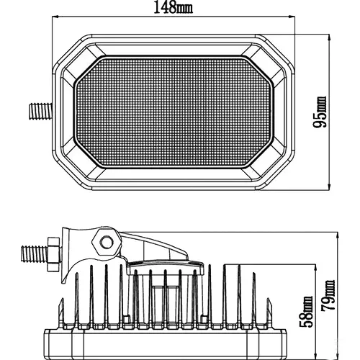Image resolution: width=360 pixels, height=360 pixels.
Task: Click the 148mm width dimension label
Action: [173, 7]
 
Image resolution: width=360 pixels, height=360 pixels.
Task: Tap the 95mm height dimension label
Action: [320, 112]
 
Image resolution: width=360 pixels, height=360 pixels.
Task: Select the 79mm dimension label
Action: [328, 295]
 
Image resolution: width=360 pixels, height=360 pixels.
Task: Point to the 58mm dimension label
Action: [307, 312]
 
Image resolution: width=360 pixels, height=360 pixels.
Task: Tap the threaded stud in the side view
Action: [35, 253]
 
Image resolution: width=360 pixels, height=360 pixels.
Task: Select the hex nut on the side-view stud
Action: [53, 254]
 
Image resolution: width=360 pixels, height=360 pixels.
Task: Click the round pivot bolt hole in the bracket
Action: [107, 242]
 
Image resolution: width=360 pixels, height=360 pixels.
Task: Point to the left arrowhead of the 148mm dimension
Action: [55, 17]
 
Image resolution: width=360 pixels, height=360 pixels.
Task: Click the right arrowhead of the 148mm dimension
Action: [292, 17]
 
